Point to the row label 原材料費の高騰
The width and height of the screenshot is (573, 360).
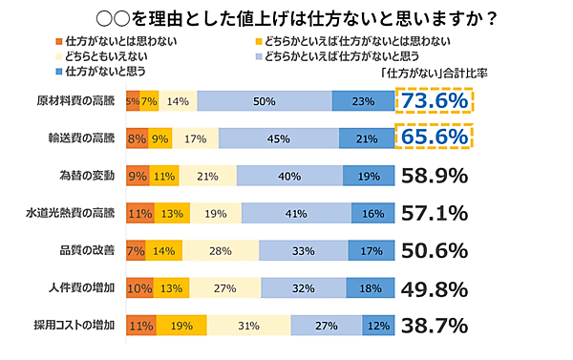click(x=75, y=101)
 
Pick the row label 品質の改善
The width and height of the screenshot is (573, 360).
click(x=86, y=250)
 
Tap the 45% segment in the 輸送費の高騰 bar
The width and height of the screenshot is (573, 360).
click(x=281, y=138)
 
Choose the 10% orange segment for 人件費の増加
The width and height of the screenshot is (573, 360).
click(x=138, y=287)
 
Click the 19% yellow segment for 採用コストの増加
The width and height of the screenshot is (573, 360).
click(x=181, y=326)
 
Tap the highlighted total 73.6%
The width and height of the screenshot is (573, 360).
click(x=434, y=100)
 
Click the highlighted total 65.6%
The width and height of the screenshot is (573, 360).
click(x=434, y=138)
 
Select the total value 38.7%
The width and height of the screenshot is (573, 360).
click(x=434, y=326)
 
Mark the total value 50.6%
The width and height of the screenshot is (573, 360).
click(x=434, y=250)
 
